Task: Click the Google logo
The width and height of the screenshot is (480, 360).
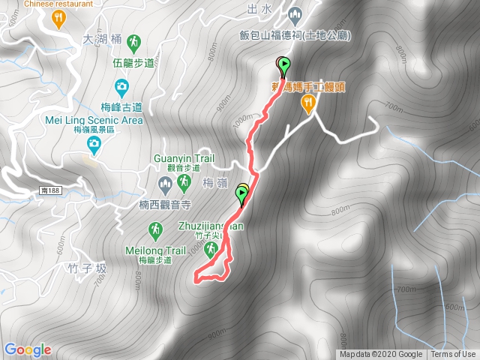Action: (28, 349)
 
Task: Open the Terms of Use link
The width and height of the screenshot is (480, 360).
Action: (453, 355)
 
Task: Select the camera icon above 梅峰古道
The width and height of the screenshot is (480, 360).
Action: (121, 86)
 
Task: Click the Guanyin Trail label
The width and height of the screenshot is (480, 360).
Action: (184, 158)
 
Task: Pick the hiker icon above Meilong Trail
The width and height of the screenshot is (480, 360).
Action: (155, 229)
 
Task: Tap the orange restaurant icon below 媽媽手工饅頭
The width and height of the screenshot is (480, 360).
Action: (307, 107)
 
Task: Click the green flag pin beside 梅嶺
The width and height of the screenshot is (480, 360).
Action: (242, 196)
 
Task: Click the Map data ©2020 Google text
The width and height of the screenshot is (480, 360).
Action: (381, 355)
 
